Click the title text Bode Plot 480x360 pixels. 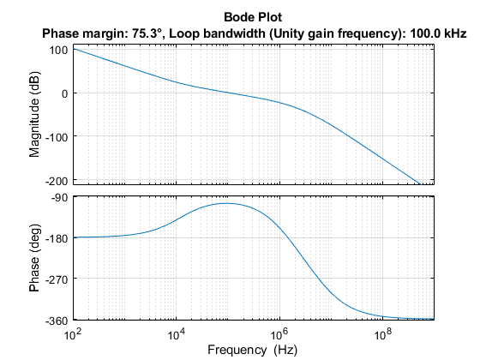254,17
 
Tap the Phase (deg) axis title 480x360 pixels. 35,259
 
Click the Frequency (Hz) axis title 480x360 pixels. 254,349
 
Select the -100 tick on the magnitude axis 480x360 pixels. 56,136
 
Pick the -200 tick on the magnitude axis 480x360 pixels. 56,180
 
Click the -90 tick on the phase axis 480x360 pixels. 59,198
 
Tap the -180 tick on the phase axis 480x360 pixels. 56,238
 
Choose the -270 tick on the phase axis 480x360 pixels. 56,279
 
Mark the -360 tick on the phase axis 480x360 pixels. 56,320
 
